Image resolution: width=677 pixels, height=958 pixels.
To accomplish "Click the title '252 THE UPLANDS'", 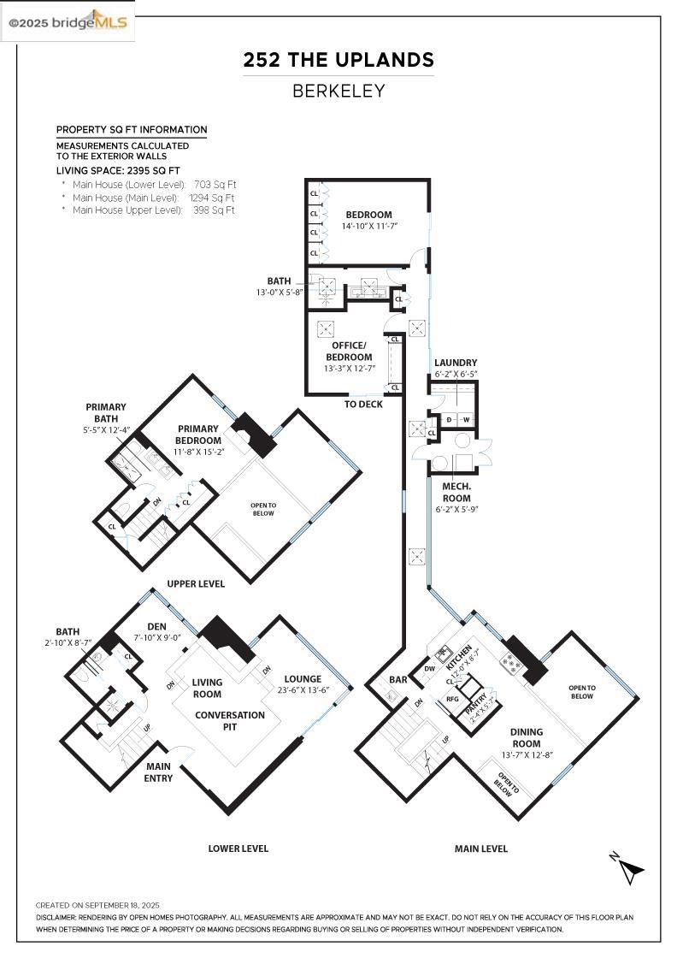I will [x=338, y=60].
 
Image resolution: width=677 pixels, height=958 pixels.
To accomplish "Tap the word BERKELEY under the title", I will [x=338, y=91].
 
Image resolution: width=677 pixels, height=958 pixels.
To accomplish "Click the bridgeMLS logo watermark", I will [x=68, y=22].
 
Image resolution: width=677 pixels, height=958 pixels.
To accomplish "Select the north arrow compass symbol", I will [x=629, y=868].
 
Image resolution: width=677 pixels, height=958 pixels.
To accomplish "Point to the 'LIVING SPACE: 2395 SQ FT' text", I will [x=118, y=171].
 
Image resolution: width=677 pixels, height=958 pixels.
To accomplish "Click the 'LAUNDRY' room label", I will [x=456, y=363].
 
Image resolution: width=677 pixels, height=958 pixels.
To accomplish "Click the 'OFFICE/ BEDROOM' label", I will [x=350, y=352].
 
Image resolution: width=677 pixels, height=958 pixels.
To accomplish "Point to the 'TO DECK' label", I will [x=363, y=404].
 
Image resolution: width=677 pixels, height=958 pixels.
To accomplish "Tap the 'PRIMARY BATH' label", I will [x=106, y=412].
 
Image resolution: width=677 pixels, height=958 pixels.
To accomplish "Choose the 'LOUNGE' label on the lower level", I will [x=303, y=679].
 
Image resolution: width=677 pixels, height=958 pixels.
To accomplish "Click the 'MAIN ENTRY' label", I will [x=159, y=772].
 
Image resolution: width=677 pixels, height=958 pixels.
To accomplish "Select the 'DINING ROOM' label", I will [x=527, y=738].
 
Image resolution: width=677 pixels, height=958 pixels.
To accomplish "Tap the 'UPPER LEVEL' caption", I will [x=196, y=583].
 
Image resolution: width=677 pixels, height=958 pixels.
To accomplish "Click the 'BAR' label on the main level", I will [x=398, y=680].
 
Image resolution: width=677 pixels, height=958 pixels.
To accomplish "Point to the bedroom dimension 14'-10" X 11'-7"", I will [x=368, y=227].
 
